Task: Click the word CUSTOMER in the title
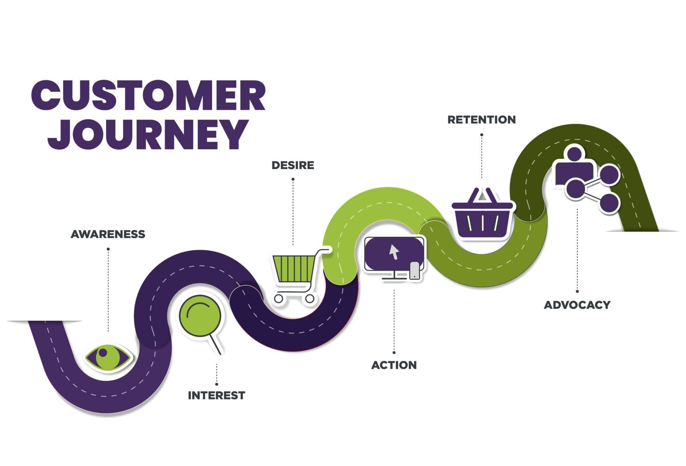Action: pyautogui.click(x=148, y=96)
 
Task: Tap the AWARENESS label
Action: pyautogui.click(x=108, y=234)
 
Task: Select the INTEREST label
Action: pyautogui.click(x=216, y=395)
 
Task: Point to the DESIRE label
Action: pyautogui.click(x=293, y=165)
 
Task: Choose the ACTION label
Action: pyautogui.click(x=394, y=365)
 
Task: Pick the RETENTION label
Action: pyautogui.click(x=482, y=120)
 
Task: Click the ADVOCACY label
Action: pyautogui.click(x=577, y=305)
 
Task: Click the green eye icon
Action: pyautogui.click(x=108, y=357)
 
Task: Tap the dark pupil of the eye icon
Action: pyautogui.click(x=103, y=353)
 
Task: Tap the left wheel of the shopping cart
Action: pyautogui.click(x=279, y=298)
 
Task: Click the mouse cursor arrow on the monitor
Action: pyautogui.click(x=394, y=252)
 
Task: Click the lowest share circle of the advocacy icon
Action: pyautogui.click(x=608, y=202)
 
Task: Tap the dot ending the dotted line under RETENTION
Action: pyautogui.click(x=482, y=135)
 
